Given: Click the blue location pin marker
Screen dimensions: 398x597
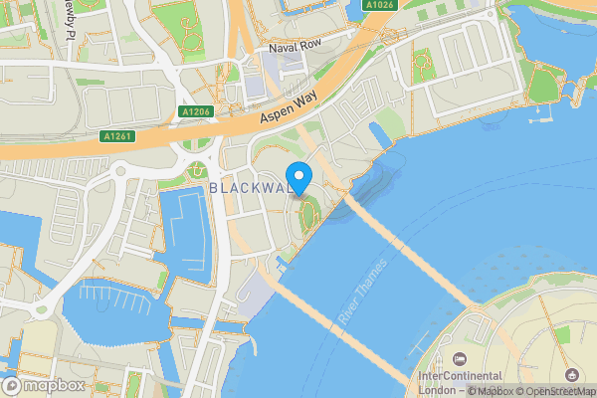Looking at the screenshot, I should (298, 171).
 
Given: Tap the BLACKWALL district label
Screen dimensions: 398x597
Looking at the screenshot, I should (250, 188).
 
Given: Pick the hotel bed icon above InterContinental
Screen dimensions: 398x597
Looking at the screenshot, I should (461, 358).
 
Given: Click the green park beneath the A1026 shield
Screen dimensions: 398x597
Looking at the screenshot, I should (422, 64).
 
